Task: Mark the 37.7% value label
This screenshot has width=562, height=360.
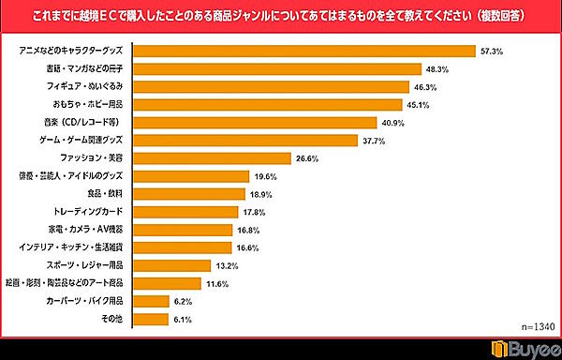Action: pos(374,140)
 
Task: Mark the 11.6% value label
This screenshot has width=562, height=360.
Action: pos(218,283)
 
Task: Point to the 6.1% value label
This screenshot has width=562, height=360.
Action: pos(183,319)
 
